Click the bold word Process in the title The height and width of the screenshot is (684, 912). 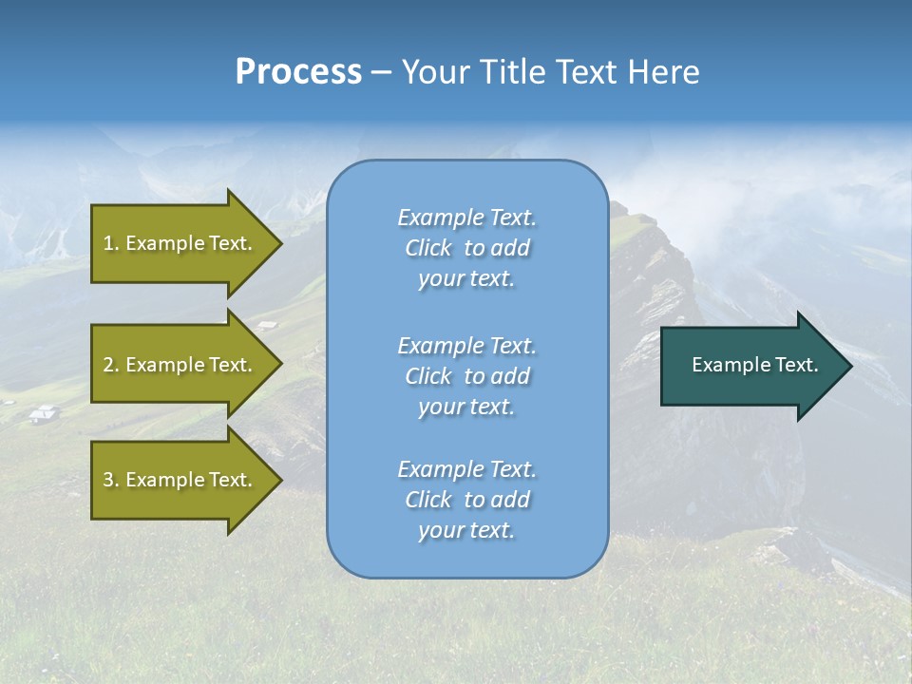[298, 72]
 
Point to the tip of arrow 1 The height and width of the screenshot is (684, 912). [280, 243]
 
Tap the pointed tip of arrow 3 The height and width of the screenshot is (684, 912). [280, 480]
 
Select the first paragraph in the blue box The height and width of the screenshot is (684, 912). [466, 248]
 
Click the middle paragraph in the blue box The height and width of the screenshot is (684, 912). [466, 376]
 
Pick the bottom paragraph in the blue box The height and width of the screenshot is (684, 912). [466, 500]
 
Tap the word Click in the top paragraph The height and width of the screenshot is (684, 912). [428, 248]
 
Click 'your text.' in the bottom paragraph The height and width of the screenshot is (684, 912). [466, 530]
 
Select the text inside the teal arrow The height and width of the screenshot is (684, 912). [754, 365]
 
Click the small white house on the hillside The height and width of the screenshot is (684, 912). [43, 413]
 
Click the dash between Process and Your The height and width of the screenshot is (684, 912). [381, 73]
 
